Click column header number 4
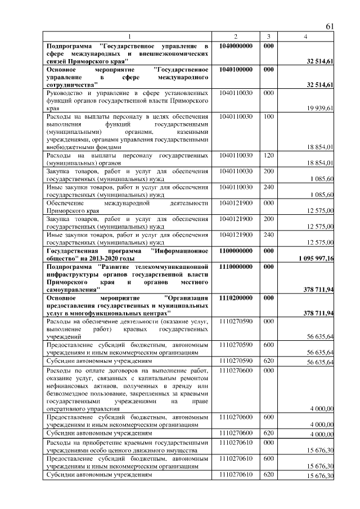click(305, 37)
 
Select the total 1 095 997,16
click(312, 258)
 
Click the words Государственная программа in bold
click(84, 251)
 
